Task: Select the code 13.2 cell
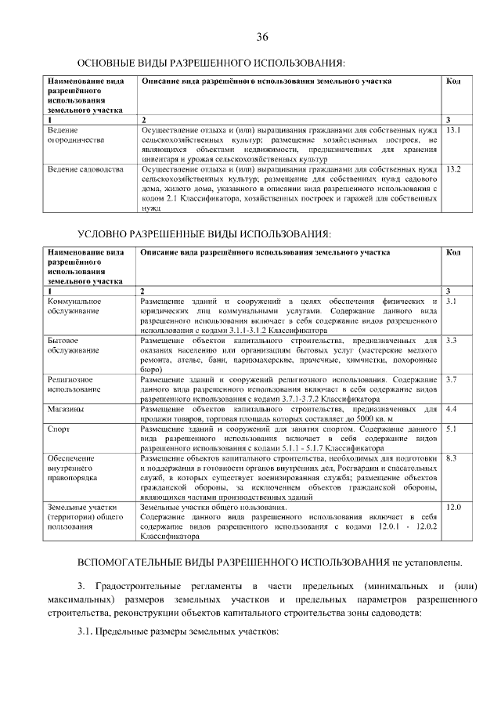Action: pyautogui.click(x=452, y=169)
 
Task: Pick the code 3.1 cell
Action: pyautogui.click(x=451, y=302)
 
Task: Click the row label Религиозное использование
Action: pyautogui.click(x=74, y=384)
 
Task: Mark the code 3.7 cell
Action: pyautogui.click(x=451, y=379)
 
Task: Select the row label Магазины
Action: pyautogui.click(x=67, y=409)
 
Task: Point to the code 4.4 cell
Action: pyautogui.click(x=451, y=409)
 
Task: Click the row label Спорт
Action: pyautogui.click(x=59, y=429)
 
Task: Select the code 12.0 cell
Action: pyautogui.click(x=453, y=508)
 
